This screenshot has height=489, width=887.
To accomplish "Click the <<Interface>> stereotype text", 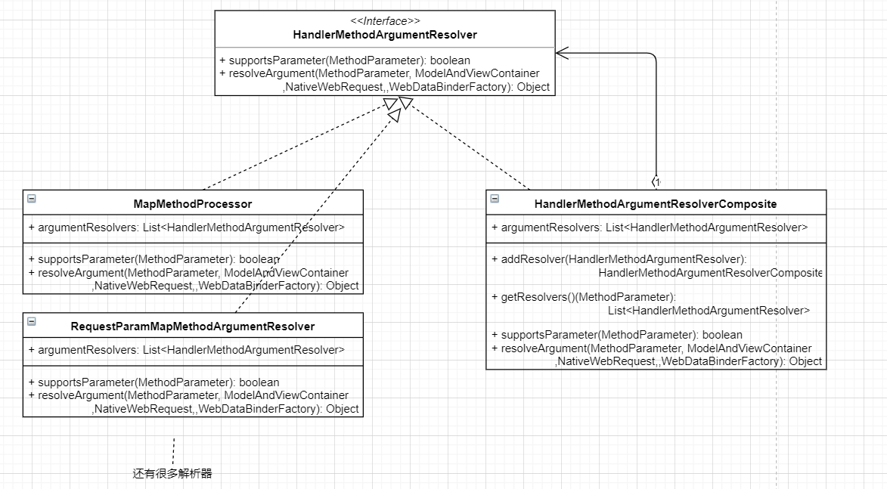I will (385, 21).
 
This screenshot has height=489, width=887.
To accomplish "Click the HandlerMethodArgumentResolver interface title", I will (385, 35).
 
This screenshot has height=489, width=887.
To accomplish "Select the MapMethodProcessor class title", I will (193, 204).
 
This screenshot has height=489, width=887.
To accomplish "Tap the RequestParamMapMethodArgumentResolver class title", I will (193, 327).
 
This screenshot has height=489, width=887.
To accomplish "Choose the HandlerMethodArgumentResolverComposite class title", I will (656, 204).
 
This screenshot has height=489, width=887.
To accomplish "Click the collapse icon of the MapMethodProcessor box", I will (32, 199).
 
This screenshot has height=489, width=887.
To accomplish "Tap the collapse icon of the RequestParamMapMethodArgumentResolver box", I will (32, 321).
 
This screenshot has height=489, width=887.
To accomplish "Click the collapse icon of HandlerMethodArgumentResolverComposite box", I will (495, 199).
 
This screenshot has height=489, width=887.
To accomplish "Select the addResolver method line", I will (619, 259).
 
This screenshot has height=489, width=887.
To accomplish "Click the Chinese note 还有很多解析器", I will (172, 474).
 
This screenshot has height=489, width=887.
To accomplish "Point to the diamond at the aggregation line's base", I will (656, 182).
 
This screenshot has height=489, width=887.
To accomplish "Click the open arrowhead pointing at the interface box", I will (562, 53).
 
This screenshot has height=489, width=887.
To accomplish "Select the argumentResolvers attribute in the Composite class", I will (650, 227).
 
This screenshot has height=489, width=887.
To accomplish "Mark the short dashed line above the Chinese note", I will (173, 451).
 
